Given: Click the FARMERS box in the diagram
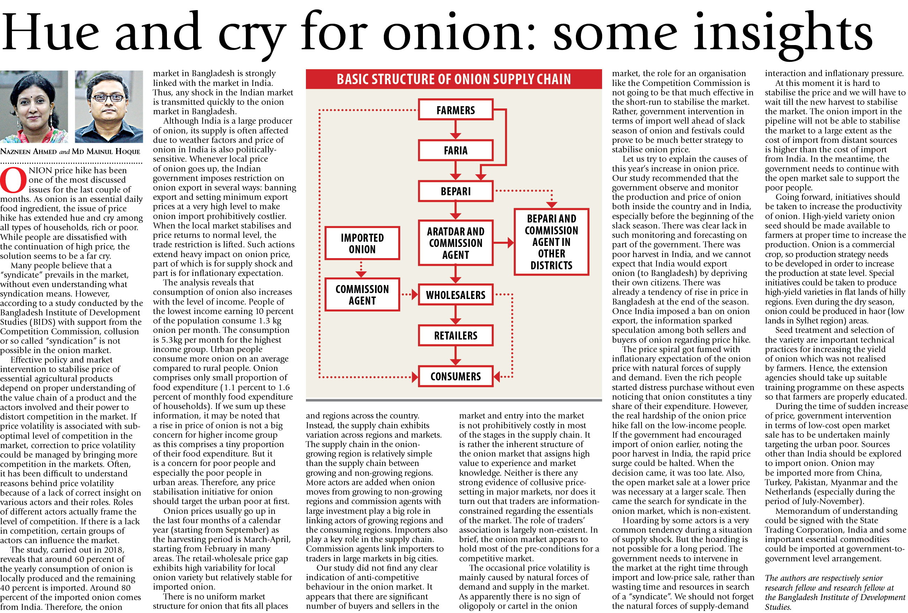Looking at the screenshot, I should tap(455, 110).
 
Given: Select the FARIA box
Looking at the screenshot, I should tap(455, 151).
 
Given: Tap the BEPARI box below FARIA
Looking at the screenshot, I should tap(455, 191).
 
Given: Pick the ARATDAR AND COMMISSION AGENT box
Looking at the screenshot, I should tap(455, 243).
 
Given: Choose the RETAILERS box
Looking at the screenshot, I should tap(455, 336).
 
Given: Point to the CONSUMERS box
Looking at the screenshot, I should tap(455, 376).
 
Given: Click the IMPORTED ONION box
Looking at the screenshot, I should tap(362, 243).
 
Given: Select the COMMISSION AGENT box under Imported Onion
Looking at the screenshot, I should tap(362, 294).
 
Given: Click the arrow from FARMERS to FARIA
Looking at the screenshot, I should tap(455, 130).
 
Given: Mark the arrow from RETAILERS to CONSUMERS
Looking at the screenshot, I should tap(455, 356).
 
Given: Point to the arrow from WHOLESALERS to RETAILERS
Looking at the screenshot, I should tap(455, 315).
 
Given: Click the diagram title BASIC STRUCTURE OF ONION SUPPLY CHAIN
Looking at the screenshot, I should tap(454, 79).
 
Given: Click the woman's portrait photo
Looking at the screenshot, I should tap(34, 106).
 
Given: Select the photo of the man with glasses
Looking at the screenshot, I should tap(109, 106).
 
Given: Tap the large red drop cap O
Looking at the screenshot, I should tap(13, 180).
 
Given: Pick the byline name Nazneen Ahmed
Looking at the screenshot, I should tap(28, 152).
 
